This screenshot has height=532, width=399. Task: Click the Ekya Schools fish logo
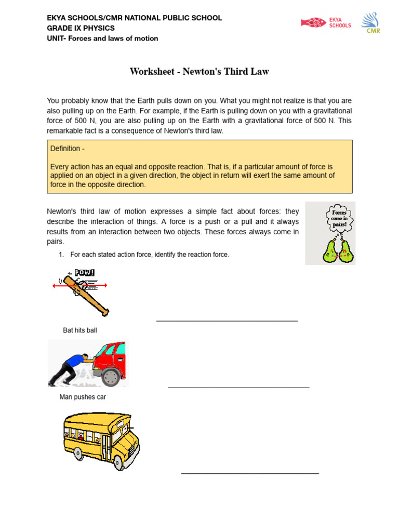point(313,22)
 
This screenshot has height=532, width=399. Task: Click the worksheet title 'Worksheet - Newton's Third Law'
point(199,72)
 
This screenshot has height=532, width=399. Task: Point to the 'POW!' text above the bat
point(84,272)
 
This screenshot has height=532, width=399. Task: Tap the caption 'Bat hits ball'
point(80,330)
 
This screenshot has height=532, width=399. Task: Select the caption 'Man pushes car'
point(83,397)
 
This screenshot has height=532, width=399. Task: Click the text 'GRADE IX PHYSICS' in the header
point(81,28)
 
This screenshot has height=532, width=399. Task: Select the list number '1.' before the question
point(61,255)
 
